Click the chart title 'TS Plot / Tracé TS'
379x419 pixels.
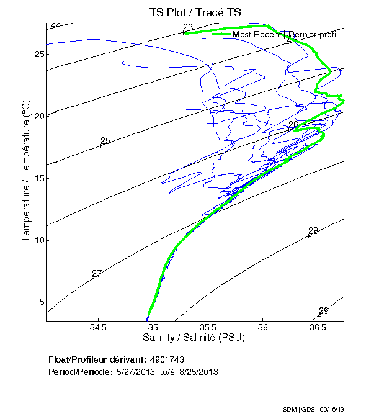(195, 12)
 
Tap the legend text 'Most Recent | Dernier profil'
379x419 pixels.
(285, 35)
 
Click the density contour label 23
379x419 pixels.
(188, 27)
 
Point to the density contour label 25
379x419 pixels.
(105, 142)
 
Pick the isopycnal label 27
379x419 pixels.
(96, 274)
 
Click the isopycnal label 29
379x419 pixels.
(323, 311)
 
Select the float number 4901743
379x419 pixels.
(167, 360)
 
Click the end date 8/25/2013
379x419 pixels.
(197, 371)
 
